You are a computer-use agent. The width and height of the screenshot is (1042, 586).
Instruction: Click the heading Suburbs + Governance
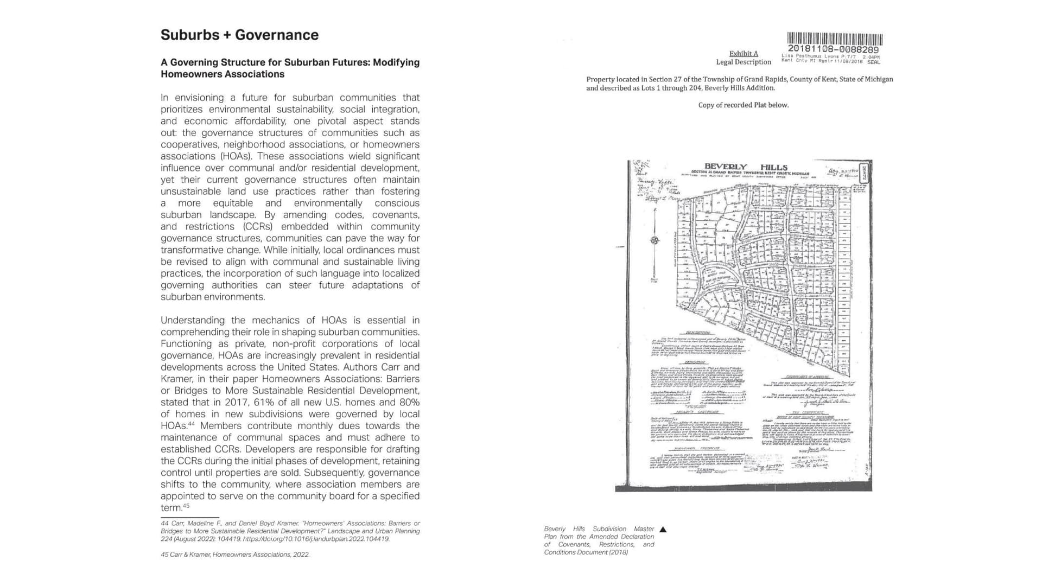[239, 35]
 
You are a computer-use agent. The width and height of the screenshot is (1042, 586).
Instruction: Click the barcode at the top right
[835, 39]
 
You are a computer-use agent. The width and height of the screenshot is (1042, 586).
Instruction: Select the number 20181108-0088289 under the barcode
[833, 49]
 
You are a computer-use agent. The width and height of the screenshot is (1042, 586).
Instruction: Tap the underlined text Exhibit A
[744, 53]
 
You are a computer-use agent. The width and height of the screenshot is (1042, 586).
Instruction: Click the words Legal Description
[744, 62]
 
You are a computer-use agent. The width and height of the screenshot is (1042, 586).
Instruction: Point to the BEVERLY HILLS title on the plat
[745, 167]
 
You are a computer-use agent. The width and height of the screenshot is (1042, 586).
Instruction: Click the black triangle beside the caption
[663, 529]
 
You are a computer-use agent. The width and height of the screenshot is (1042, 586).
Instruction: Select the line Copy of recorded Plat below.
[743, 105]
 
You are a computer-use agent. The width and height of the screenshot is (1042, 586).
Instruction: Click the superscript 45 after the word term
[186, 506]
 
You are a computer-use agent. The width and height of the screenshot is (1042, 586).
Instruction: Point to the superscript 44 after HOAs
[191, 424]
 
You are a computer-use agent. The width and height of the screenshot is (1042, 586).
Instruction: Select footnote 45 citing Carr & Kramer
[235, 555]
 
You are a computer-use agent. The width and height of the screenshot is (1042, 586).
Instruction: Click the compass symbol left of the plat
[655, 240]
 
